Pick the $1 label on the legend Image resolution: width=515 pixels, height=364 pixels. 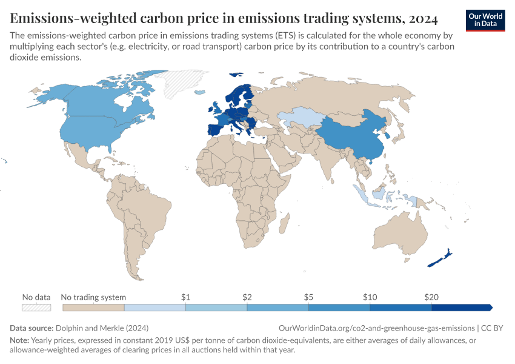point(186,297)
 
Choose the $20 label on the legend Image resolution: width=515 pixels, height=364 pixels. point(431,297)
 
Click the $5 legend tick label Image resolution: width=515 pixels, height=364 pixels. point(308,297)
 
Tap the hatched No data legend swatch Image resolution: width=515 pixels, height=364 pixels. point(36,308)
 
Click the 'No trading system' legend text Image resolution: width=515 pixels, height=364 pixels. point(94,297)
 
